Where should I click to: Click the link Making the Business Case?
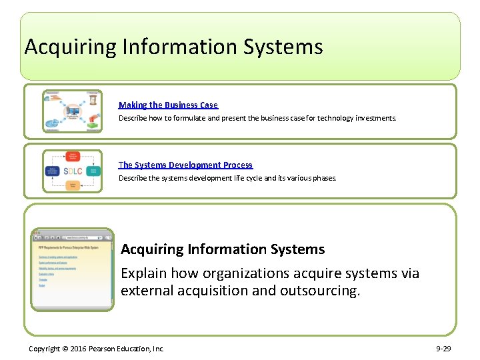pyautogui.click(x=168, y=105)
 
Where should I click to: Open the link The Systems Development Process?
pyautogui.click(x=185, y=165)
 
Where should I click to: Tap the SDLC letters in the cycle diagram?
pyautogui.click(x=73, y=171)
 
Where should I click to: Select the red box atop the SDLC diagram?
pyautogui.click(x=73, y=157)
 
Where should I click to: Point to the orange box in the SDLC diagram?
pyautogui.click(x=73, y=185)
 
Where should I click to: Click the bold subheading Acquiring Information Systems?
pyautogui.click(x=223, y=249)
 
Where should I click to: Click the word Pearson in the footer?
pyautogui.click(x=105, y=349)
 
